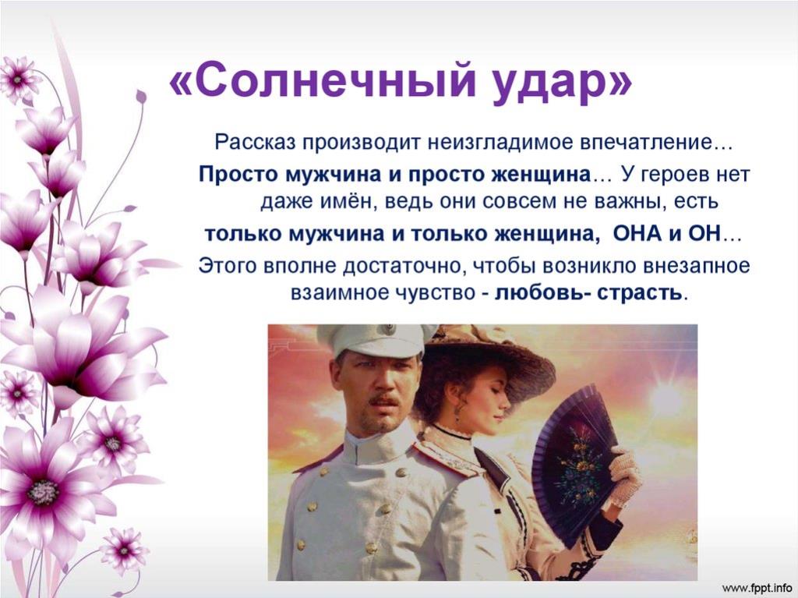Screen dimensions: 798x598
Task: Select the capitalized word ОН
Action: pyautogui.click(x=704, y=233)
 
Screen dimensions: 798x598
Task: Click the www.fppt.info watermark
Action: pyautogui.click(x=757, y=586)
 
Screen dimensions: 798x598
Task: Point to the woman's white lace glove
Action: pyautogui.click(x=626, y=476)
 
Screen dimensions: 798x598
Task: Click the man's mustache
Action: pyautogui.click(x=384, y=401)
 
